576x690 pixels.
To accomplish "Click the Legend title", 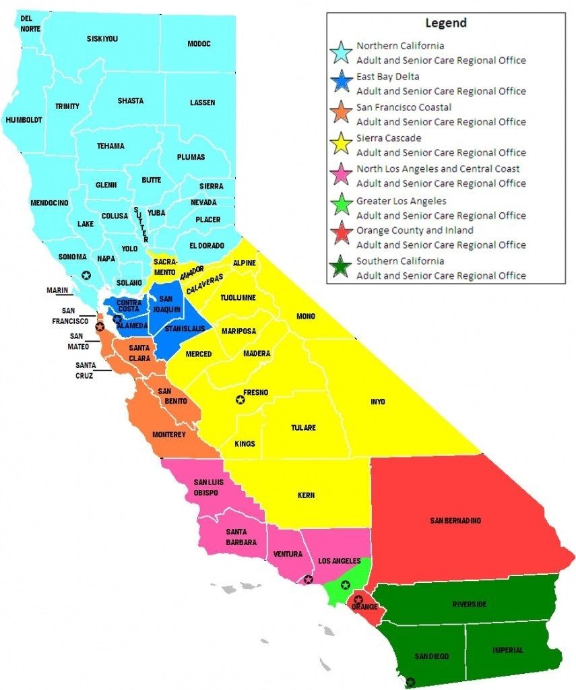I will click(x=445, y=23).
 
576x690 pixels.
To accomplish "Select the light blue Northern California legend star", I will click(x=342, y=53).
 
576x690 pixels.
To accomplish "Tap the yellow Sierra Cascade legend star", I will click(x=342, y=145).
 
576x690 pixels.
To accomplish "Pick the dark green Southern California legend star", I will click(x=342, y=268).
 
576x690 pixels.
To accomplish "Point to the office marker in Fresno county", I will click(x=240, y=400).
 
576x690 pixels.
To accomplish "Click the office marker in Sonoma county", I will click(x=86, y=274).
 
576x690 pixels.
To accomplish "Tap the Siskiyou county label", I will click(x=102, y=39).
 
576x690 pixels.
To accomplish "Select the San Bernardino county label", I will click(x=456, y=520).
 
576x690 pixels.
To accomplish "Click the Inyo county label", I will click(x=378, y=402).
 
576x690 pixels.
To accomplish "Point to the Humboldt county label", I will click(x=24, y=120).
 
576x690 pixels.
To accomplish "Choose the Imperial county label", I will click(x=507, y=650).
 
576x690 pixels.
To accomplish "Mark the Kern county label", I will click(x=306, y=495).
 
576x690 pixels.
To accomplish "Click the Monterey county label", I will click(x=168, y=435).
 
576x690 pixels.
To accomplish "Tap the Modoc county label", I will click(x=199, y=44).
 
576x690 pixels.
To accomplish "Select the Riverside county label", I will click(x=469, y=604).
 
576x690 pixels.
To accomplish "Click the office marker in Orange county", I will click(x=358, y=599).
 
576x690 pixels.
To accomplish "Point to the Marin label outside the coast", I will click(x=58, y=290).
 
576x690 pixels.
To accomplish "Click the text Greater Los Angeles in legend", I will click(x=401, y=201).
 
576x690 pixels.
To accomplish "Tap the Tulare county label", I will click(x=303, y=428).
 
